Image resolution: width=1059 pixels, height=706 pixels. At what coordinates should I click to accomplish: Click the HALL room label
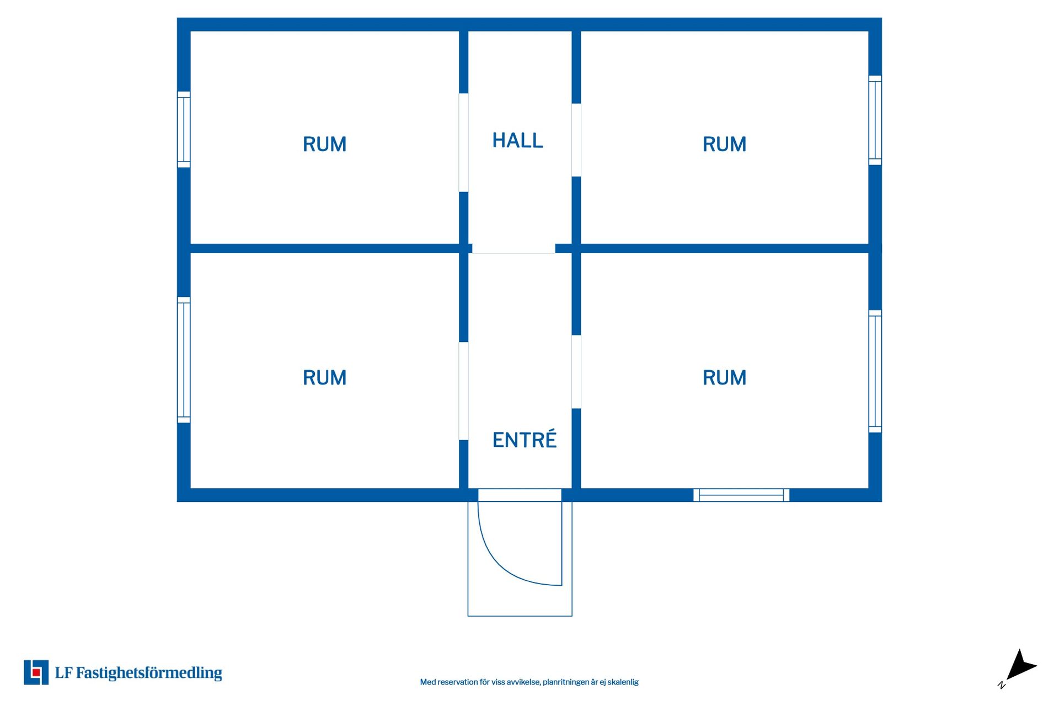517,141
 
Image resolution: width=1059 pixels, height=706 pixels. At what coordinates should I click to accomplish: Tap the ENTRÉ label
525,440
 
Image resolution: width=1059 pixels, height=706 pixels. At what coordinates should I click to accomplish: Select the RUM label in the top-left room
324,144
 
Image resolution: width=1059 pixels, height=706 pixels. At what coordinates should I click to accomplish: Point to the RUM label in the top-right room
724,144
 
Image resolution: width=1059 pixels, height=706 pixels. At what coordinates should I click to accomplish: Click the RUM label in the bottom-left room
324,378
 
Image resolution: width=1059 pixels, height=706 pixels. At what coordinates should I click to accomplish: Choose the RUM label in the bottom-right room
724,378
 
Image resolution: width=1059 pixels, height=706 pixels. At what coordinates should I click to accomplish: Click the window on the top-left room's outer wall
184,130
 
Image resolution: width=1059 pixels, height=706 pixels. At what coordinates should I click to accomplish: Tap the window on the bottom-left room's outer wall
184,360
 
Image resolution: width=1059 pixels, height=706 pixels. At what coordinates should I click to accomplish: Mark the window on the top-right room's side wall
875,120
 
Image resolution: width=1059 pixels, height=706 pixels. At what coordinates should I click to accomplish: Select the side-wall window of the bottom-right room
875,371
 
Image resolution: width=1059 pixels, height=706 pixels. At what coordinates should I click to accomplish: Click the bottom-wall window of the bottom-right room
741,495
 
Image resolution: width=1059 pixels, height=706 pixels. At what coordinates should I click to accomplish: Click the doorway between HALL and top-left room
464,143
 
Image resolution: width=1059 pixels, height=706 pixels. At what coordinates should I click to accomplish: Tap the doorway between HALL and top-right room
576,140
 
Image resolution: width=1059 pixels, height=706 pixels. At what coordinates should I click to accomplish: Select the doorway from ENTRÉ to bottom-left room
464,391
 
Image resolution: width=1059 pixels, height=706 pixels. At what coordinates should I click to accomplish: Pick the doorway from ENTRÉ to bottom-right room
576,372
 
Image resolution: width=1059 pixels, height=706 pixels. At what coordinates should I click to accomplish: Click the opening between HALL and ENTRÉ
514,249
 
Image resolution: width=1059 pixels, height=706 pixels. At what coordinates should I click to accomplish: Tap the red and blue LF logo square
36,672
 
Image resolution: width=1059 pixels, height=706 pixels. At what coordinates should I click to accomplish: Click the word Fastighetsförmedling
149,673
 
